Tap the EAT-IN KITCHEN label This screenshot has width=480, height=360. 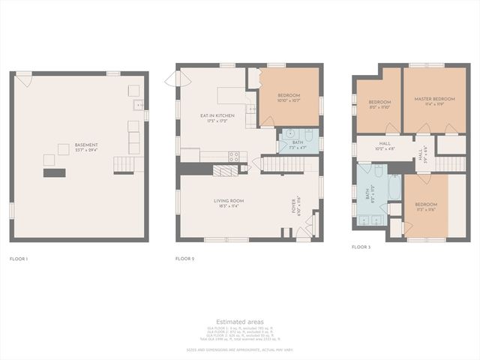[x=217, y=115]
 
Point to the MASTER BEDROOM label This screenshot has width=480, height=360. [x=434, y=99]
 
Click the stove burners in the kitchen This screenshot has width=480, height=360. [x=233, y=157]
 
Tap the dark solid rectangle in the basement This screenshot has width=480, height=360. [x=54, y=172]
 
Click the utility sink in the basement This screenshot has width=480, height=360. [x=138, y=106]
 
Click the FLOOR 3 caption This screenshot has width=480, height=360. [x=361, y=246]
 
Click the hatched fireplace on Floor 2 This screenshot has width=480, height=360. [x=224, y=170]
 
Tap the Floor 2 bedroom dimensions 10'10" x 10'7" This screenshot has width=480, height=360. [x=289, y=100]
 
